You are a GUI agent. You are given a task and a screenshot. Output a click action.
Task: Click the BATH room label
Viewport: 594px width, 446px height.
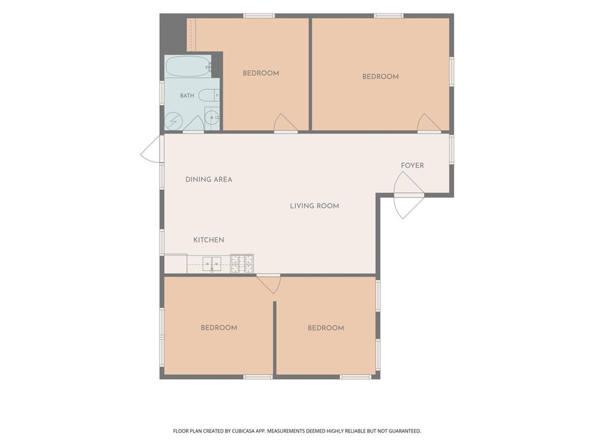pyautogui.click(x=187, y=96)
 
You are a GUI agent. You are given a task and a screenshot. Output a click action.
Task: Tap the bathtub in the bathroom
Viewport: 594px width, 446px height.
pyautogui.click(x=188, y=67)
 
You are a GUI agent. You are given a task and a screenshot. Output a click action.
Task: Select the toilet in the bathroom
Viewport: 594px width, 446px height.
pyautogui.click(x=209, y=95)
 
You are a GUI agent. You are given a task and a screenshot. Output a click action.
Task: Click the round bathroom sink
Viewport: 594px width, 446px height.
pyautogui.click(x=212, y=117)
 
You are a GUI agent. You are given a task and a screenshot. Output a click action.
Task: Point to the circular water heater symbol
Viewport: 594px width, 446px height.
pyautogui.click(x=173, y=121)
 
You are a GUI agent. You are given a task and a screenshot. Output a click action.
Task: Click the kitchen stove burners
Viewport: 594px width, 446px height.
pyautogui.click(x=242, y=264)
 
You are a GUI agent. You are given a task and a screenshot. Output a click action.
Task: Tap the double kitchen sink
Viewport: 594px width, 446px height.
pyautogui.click(x=212, y=264)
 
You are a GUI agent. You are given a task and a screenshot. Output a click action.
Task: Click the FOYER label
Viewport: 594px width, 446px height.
pyautogui.click(x=412, y=166)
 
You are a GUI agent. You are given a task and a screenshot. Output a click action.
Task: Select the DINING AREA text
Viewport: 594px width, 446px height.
pyautogui.click(x=209, y=179)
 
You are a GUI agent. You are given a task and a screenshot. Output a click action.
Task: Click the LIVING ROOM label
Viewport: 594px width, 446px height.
pyautogui.click(x=314, y=206)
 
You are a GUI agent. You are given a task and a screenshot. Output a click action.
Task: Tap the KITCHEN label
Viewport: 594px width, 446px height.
pyautogui.click(x=209, y=240)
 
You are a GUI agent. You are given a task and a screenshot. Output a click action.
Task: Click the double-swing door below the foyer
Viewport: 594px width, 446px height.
pyautogui.click(x=408, y=195)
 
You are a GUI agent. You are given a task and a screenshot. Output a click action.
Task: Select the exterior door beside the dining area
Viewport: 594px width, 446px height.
pyautogui.click(x=152, y=149)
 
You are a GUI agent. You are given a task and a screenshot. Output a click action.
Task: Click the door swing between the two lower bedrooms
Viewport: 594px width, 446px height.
pyautogui.click(x=269, y=283)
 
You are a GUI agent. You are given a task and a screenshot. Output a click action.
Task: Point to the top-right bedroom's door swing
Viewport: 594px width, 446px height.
pyautogui.click(x=429, y=123)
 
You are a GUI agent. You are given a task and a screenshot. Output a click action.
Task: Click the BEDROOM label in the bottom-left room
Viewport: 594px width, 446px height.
pyautogui.click(x=219, y=328)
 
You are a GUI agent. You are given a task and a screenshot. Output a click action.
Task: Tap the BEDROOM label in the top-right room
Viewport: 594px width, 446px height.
pyautogui.click(x=381, y=77)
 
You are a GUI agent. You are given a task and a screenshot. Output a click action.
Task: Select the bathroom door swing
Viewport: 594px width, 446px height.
pyautogui.click(x=194, y=124)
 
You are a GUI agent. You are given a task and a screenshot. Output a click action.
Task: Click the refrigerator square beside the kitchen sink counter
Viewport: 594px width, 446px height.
pyautogui.click(x=175, y=264)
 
